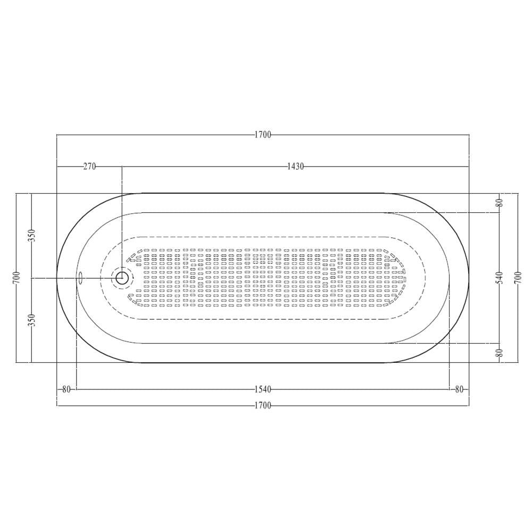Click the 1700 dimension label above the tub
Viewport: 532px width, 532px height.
click(x=263, y=135)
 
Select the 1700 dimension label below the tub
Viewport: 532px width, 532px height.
click(x=263, y=405)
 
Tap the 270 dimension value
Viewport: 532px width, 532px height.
click(x=89, y=167)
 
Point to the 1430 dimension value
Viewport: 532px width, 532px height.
click(x=295, y=167)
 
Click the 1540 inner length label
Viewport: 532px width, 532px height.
click(x=263, y=389)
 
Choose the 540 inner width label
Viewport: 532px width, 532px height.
click(x=500, y=278)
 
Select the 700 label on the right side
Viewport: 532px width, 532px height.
click(x=518, y=278)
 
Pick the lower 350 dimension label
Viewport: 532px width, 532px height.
click(x=32, y=320)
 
